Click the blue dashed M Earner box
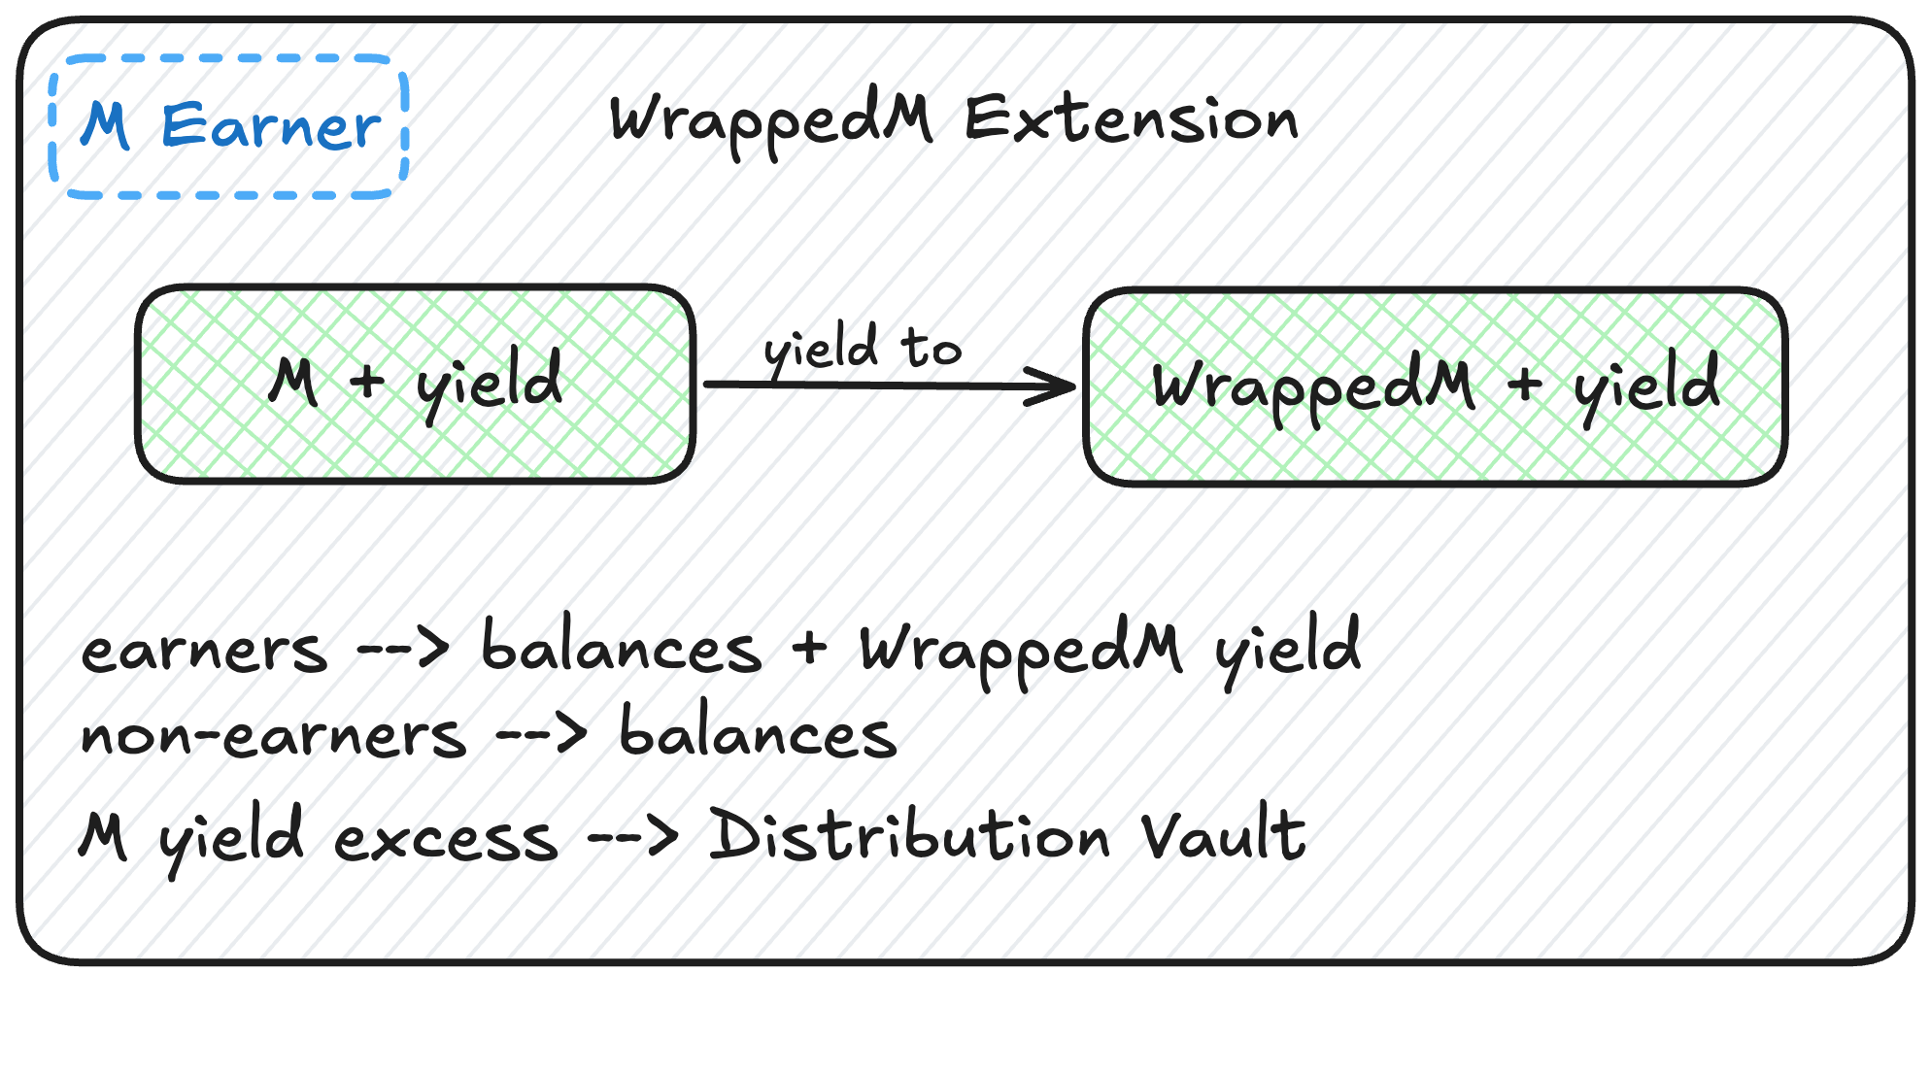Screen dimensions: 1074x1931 click(x=229, y=127)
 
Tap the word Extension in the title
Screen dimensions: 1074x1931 click(x=1131, y=120)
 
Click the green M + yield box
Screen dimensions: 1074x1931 click(x=416, y=384)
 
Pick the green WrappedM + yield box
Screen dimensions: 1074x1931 click(x=1436, y=386)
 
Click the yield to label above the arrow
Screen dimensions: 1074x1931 click(x=863, y=348)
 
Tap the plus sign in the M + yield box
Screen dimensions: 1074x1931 click(x=367, y=381)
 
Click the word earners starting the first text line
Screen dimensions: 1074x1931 click(x=204, y=651)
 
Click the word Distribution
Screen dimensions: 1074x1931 click(x=909, y=835)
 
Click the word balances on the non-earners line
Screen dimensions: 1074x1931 click(x=758, y=733)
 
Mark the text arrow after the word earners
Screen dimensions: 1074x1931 click(x=403, y=648)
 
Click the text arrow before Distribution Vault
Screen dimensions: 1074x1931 click(x=633, y=835)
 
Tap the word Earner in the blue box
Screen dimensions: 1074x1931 click(x=272, y=127)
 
